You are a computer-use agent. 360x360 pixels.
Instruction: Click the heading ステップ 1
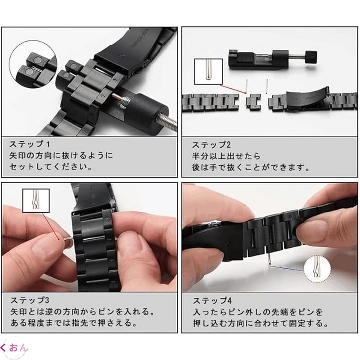point(29,144)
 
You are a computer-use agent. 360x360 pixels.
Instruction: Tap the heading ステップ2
point(211,145)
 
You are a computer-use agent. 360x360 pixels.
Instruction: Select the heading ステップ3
point(30,300)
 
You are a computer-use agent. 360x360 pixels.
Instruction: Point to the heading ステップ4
point(212,301)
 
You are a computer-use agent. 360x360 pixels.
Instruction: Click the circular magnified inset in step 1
point(33,64)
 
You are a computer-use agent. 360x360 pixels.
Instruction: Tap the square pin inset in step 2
point(208,72)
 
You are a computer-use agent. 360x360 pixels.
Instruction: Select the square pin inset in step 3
point(36,201)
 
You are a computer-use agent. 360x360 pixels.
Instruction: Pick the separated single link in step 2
point(253,101)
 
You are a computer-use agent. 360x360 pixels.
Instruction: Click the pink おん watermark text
point(18,348)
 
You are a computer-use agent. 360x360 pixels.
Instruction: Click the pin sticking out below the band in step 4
point(269,260)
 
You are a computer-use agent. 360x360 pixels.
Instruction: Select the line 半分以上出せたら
point(226,156)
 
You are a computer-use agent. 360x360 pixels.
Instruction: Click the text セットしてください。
point(51,166)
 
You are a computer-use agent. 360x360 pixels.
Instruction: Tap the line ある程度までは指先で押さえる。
point(74,323)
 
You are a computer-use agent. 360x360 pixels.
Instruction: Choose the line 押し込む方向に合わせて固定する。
point(261,323)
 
